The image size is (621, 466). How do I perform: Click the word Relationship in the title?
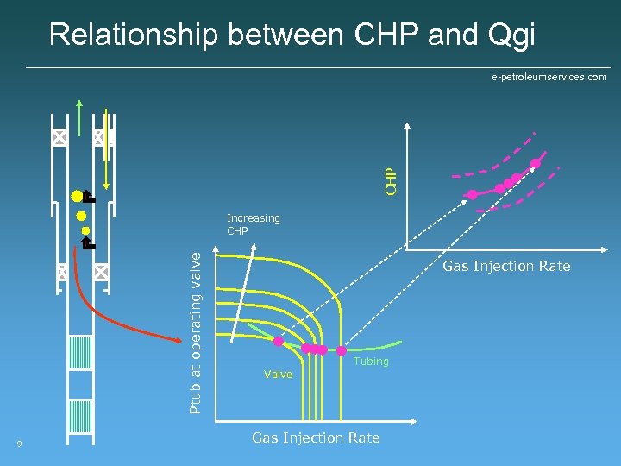point(135,35)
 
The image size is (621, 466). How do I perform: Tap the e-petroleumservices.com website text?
point(549,77)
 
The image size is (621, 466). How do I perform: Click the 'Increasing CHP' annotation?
point(252,224)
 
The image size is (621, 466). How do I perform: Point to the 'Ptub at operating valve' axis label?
point(197,331)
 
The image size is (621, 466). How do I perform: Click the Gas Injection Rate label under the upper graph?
point(506,266)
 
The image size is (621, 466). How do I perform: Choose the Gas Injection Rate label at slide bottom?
point(316,438)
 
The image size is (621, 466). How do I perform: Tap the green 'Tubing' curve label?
point(371,362)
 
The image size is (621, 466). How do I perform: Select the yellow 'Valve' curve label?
point(278,374)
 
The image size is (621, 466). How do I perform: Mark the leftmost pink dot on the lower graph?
point(279,342)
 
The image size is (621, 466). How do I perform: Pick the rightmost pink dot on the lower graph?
point(342,350)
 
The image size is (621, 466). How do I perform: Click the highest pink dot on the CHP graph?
point(536,163)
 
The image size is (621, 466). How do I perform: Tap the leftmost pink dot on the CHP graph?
point(472,194)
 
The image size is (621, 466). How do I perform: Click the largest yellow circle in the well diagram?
point(78,196)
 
